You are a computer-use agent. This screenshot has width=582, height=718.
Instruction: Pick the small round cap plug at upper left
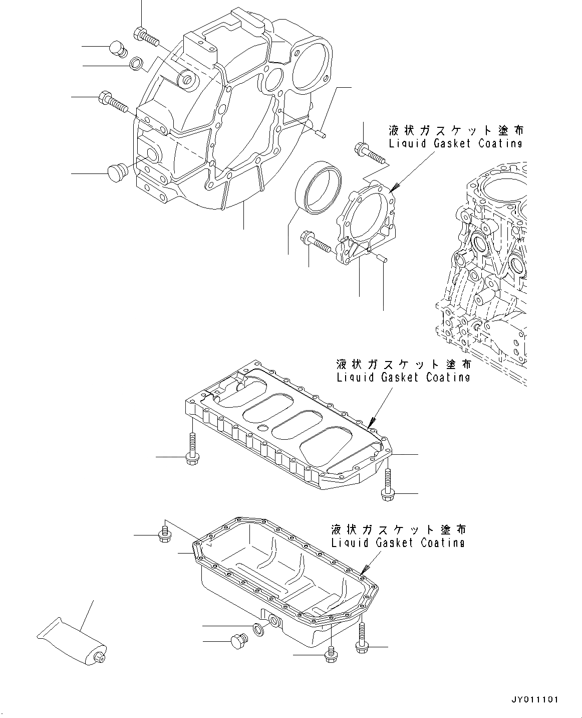pos(117,50)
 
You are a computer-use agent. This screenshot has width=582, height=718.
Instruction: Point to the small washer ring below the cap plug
pos(136,64)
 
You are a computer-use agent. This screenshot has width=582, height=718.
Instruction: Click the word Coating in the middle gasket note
pos(448,377)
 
